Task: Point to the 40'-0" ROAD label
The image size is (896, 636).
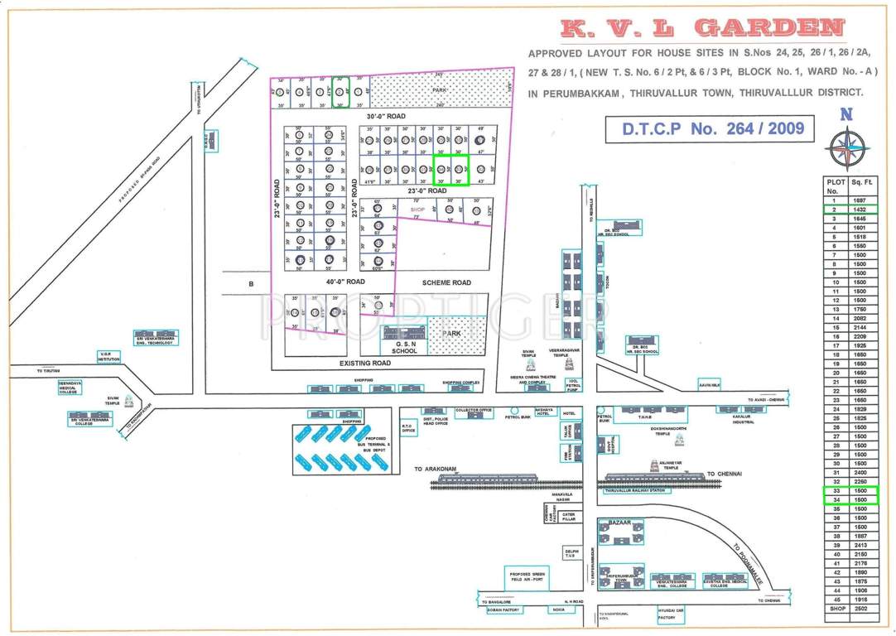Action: [344, 282]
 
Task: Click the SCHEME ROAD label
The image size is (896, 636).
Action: [446, 282]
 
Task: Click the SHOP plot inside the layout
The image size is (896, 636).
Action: [417, 210]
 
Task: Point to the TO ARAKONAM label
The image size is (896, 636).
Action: [436, 469]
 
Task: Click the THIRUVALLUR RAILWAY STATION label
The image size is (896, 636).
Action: [635, 491]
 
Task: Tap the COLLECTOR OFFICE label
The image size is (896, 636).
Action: [474, 410]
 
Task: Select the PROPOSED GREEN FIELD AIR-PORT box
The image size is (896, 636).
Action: [527, 577]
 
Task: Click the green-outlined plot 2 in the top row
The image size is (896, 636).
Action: [339, 92]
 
